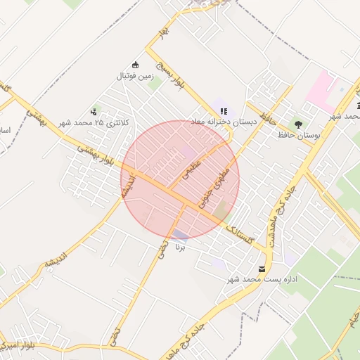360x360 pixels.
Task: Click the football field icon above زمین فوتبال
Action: pyautogui.click(x=136, y=64)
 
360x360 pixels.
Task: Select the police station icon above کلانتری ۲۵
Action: pyautogui.click(x=93, y=111)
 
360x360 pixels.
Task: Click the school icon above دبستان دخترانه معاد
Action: pyautogui.click(x=224, y=110)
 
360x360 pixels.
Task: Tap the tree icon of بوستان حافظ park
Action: pyautogui.click(x=298, y=124)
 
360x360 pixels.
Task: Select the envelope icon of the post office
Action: pyautogui.click(x=262, y=269)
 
